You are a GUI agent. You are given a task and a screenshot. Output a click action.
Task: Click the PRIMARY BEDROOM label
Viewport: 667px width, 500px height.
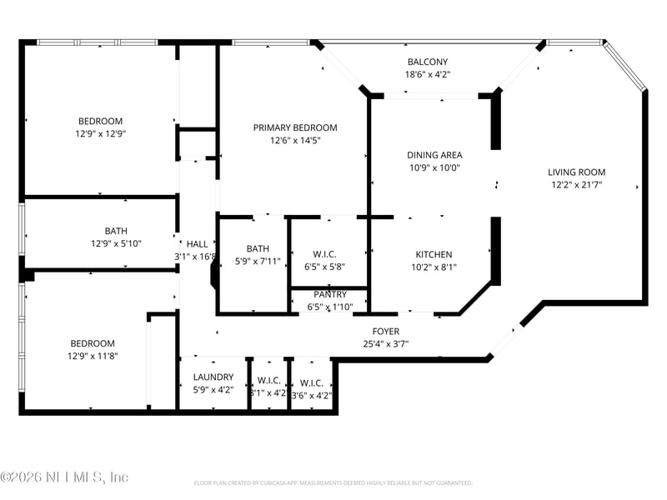pyautogui.click(x=295, y=127)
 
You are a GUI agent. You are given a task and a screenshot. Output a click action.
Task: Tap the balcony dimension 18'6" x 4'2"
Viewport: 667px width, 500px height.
pyautogui.click(x=427, y=75)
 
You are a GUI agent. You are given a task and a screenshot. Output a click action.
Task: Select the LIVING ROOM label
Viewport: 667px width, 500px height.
pyautogui.click(x=576, y=172)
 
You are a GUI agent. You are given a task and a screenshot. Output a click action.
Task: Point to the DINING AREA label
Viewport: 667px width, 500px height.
pyautogui.click(x=434, y=155)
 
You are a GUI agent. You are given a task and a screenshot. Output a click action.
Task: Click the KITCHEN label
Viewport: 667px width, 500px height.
pyautogui.click(x=434, y=255)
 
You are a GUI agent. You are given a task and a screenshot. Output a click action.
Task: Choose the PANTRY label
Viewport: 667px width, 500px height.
pyautogui.click(x=330, y=295)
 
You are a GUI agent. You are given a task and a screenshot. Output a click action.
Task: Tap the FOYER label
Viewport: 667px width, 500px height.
pyautogui.click(x=385, y=332)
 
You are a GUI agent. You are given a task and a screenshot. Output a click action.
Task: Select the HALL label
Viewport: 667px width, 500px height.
pyautogui.click(x=197, y=244)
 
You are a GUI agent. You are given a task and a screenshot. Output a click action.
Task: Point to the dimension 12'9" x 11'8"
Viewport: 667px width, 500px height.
pyautogui.click(x=92, y=356)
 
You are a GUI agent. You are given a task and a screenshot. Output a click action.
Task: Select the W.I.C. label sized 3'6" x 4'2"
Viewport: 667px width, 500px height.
pyautogui.click(x=311, y=382)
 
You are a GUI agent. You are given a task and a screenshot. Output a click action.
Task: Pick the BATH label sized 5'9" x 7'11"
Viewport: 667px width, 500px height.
pyautogui.click(x=258, y=248)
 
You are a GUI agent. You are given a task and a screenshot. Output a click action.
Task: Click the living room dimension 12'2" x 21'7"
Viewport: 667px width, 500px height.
pyautogui.click(x=576, y=185)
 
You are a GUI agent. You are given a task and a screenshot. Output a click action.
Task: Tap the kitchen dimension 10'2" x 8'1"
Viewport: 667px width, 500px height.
pyautogui.click(x=434, y=267)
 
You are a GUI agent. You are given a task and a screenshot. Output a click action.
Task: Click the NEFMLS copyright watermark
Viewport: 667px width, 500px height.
pyautogui.click(x=64, y=477)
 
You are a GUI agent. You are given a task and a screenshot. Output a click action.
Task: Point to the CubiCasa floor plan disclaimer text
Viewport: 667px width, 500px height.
pyautogui.click(x=333, y=483)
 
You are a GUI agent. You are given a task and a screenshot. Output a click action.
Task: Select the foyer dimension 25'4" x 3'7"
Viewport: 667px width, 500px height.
pyautogui.click(x=385, y=343)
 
